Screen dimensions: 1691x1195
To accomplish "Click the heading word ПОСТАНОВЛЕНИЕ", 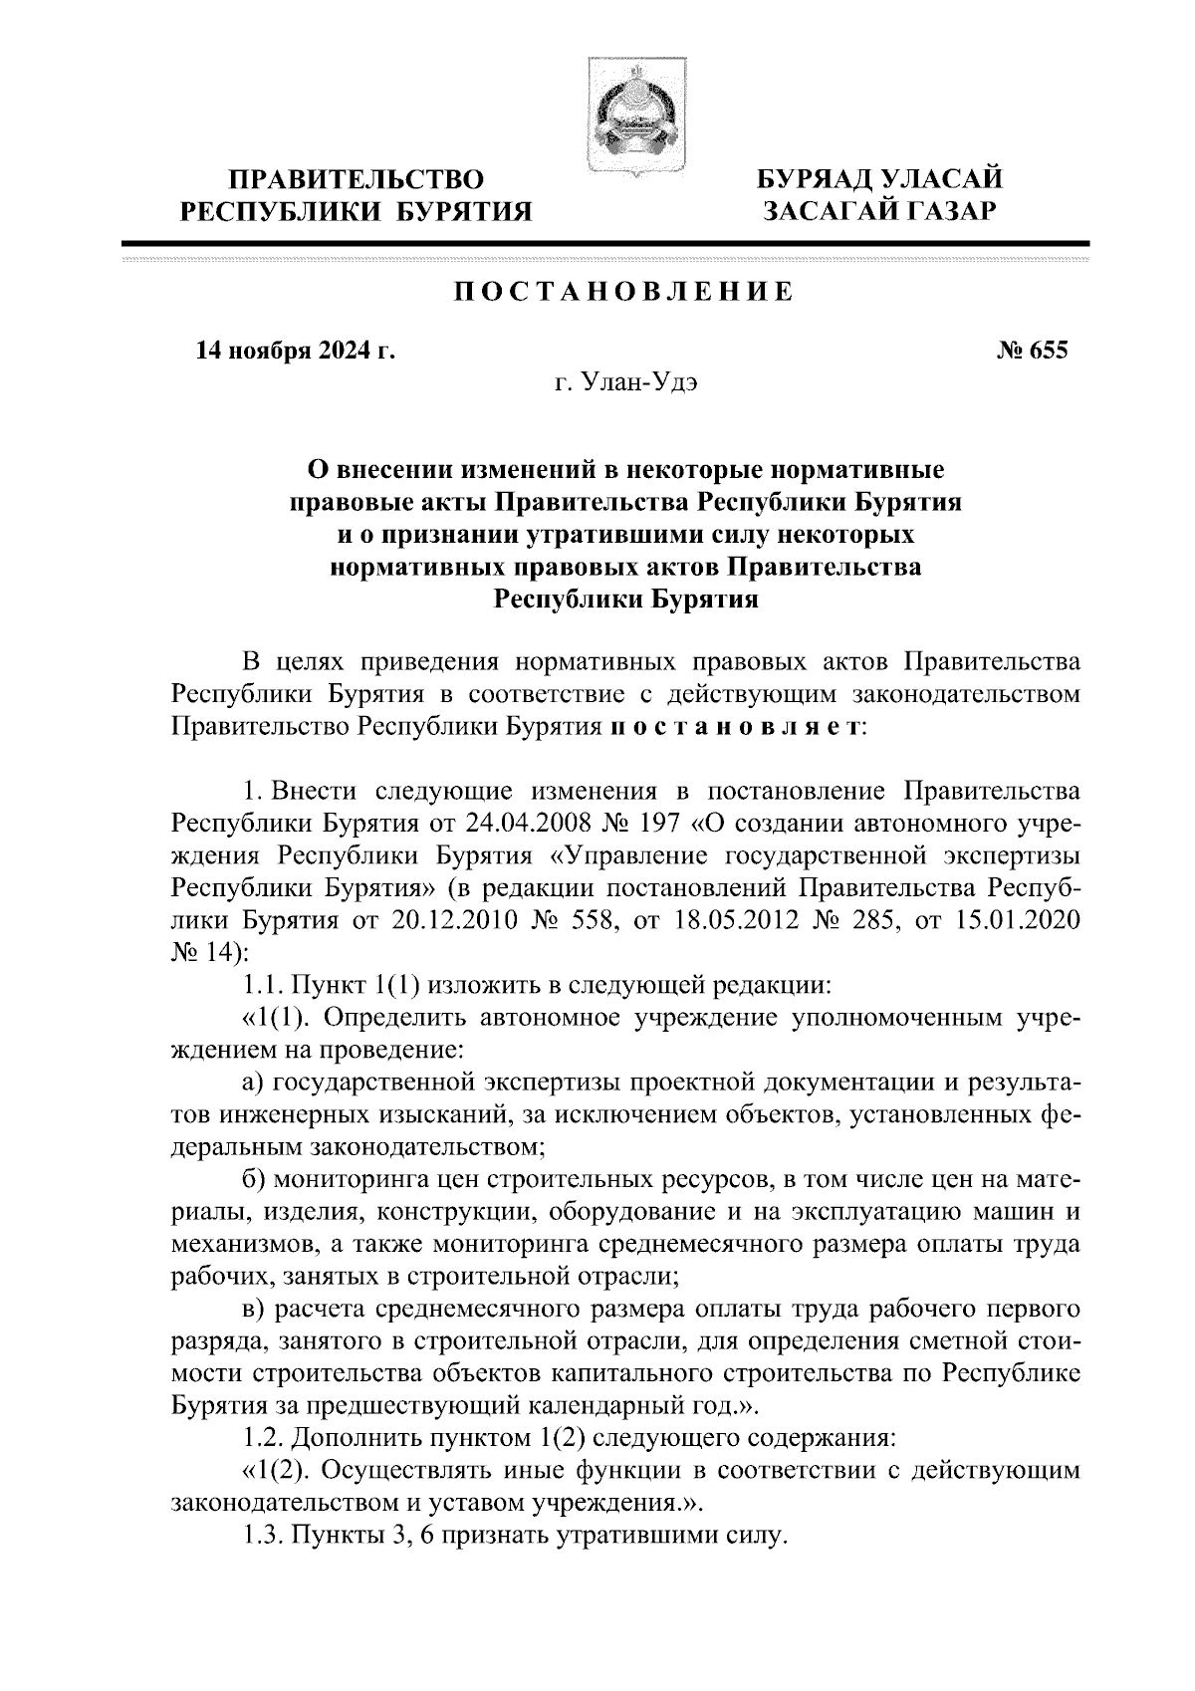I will tap(622, 293).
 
